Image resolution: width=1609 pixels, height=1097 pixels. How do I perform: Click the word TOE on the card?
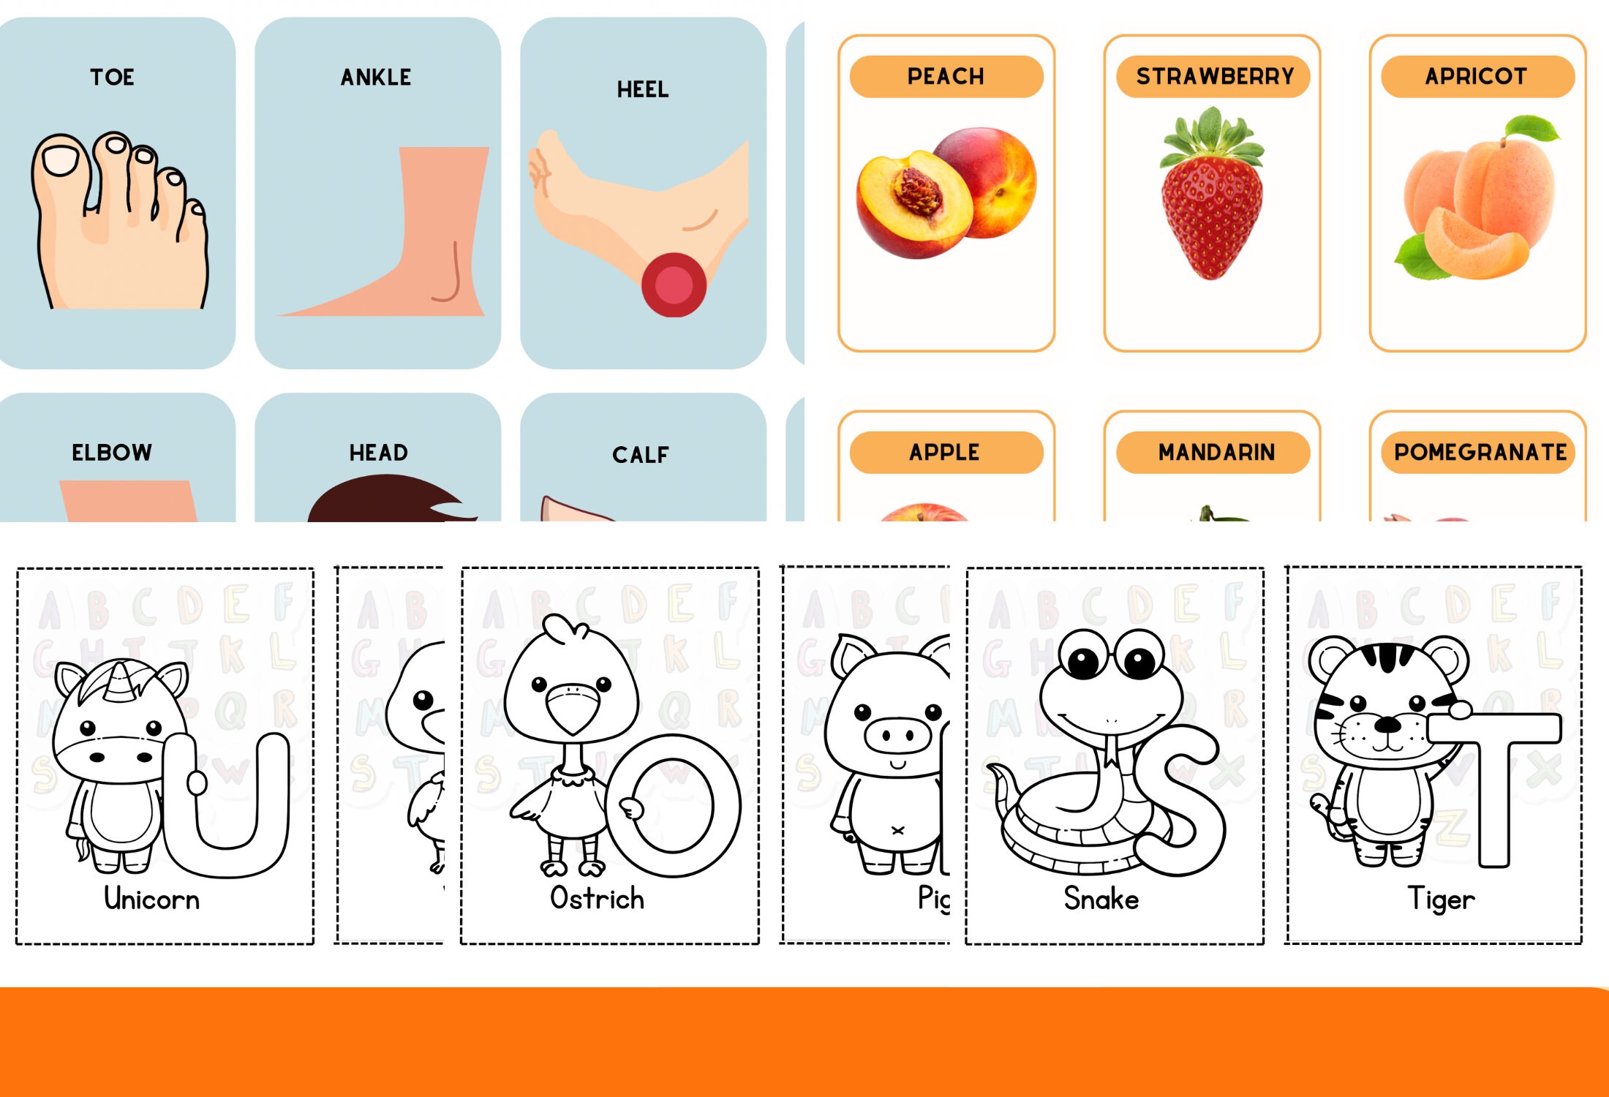[x=112, y=77]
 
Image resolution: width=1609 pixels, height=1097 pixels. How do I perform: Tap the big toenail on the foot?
[x=59, y=159]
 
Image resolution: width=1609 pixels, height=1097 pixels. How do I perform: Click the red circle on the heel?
[x=674, y=285]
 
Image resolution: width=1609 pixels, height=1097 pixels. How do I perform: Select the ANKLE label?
[x=376, y=77]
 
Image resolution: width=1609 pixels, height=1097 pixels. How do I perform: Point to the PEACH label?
[x=946, y=76]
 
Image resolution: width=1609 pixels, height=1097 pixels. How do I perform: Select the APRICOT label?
[x=1476, y=76]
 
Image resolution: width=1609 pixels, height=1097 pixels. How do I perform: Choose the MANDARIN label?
[x=1216, y=452]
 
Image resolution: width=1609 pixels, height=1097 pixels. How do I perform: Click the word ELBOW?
[x=112, y=453]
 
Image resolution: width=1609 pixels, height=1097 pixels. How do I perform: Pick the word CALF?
[x=641, y=455]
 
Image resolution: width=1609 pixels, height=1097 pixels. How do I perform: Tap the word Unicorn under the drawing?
[x=151, y=899]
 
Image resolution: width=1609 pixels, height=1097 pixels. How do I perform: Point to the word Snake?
[x=1101, y=899]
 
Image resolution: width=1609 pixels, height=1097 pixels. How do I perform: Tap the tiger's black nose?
[x=1387, y=725]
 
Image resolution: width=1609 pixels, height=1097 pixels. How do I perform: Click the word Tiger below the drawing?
[x=1441, y=899]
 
